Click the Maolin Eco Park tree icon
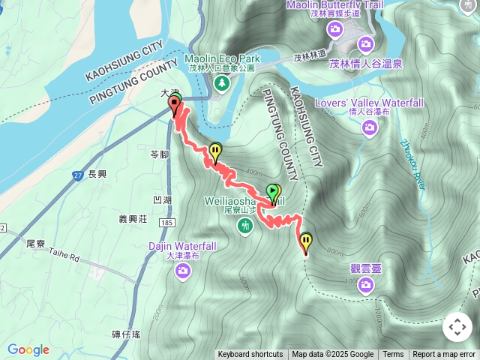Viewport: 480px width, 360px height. point(222,83)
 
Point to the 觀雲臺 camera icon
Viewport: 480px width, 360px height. point(366,283)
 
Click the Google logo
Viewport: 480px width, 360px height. point(28,349)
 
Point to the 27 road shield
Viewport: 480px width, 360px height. point(77,175)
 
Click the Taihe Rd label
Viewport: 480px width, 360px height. point(64,256)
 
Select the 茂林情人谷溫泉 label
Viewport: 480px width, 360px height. point(366,64)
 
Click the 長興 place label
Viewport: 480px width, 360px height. point(98,174)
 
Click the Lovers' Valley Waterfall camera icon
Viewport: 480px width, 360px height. point(369,127)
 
